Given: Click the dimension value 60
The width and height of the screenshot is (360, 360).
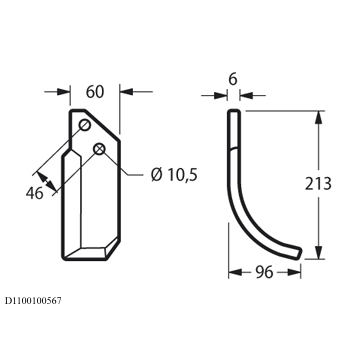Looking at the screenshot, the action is (x=95, y=92).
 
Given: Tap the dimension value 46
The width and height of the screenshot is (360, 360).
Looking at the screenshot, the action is (x=35, y=193).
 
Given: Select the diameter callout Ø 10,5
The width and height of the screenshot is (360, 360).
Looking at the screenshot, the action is (x=174, y=175).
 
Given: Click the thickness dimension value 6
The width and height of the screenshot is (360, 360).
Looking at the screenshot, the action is (x=233, y=79).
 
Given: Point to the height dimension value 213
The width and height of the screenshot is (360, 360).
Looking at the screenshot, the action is (x=318, y=184).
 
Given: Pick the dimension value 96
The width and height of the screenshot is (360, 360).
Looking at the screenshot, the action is (x=264, y=273).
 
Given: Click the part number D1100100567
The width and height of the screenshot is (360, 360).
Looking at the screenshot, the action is (x=33, y=301).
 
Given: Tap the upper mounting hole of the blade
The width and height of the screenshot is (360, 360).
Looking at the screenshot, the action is (x=84, y=126).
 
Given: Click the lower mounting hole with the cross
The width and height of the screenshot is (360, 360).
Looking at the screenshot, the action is (x=99, y=149).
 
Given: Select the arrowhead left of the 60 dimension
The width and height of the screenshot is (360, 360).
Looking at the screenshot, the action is (x=63, y=92).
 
